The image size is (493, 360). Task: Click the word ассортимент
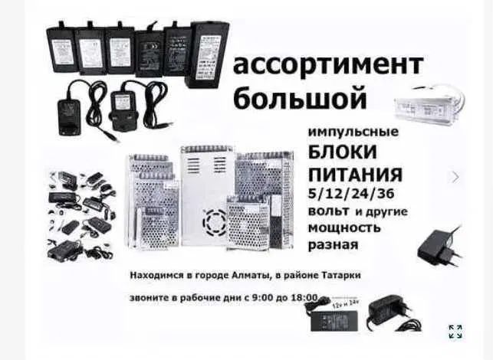pyautogui.click(x=327, y=66)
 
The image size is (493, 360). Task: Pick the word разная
pyautogui.click(x=333, y=246)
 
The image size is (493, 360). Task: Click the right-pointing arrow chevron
pyautogui.click(x=455, y=177)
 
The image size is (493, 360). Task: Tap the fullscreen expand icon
pyautogui.click(x=455, y=332)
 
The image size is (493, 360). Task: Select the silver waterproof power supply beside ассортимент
pyautogui.click(x=428, y=100)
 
